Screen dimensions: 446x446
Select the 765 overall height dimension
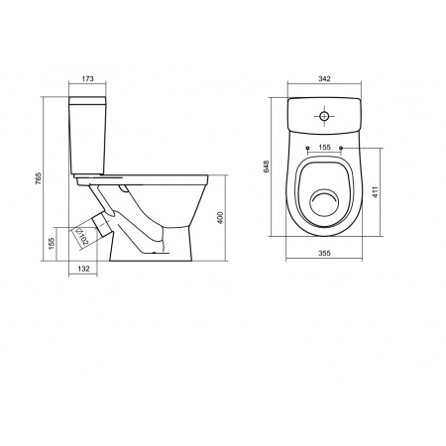pos(39,175)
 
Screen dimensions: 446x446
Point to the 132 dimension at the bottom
pos(84,269)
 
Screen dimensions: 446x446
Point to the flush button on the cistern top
pos(324,116)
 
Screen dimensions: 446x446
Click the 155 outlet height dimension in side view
pos(52,241)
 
